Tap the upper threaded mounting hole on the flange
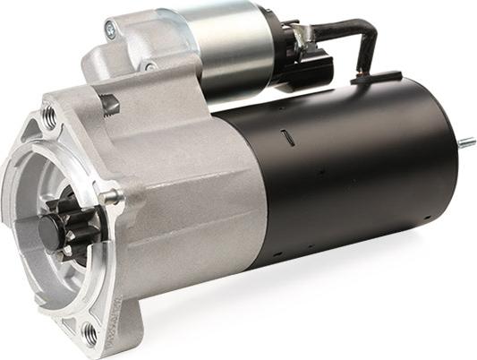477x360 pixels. point(48,116)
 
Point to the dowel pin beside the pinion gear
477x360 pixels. point(112,196)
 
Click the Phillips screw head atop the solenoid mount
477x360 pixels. point(110,30)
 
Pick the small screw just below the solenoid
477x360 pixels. point(149,66)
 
